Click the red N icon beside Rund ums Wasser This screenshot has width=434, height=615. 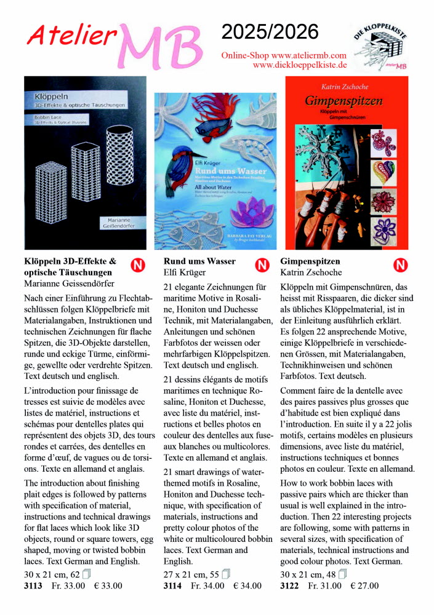coord(262,265)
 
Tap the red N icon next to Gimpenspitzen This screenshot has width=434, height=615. coord(401,265)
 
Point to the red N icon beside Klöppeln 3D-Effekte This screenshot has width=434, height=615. coord(138,265)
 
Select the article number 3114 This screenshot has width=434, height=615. coord(172,585)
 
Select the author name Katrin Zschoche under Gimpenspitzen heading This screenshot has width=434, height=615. coord(311,272)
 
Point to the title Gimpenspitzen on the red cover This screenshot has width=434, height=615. coord(344,100)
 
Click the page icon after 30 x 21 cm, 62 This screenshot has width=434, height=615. coord(86,574)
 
